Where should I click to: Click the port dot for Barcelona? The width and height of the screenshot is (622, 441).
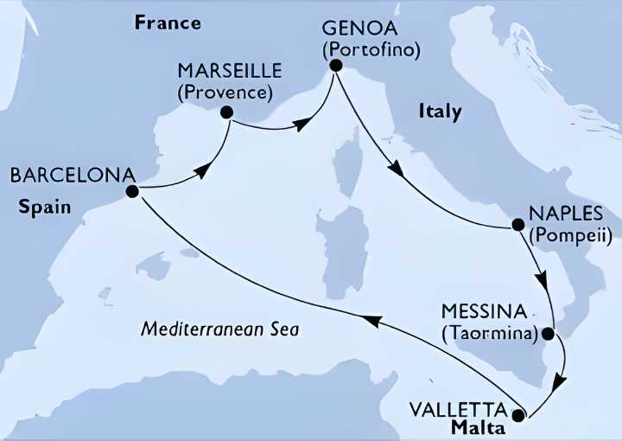pyautogui.click(x=132, y=192)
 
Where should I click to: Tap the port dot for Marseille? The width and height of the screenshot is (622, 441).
pyautogui.click(x=226, y=112)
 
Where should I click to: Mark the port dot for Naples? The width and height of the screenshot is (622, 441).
pyautogui.click(x=518, y=225)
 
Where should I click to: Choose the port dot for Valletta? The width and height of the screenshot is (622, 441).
pyautogui.click(x=518, y=415)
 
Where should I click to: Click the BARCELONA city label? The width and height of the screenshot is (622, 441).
pyautogui.click(x=66, y=176)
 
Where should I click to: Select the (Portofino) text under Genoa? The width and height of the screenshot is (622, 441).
pyautogui.click(x=371, y=49)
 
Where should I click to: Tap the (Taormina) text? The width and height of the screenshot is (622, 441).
pyautogui.click(x=489, y=331)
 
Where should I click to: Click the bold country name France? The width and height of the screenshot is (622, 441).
pyautogui.click(x=168, y=23)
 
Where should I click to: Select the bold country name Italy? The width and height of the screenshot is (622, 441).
pyautogui.click(x=440, y=112)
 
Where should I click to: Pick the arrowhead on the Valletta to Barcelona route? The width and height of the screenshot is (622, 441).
pyautogui.click(x=369, y=320)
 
